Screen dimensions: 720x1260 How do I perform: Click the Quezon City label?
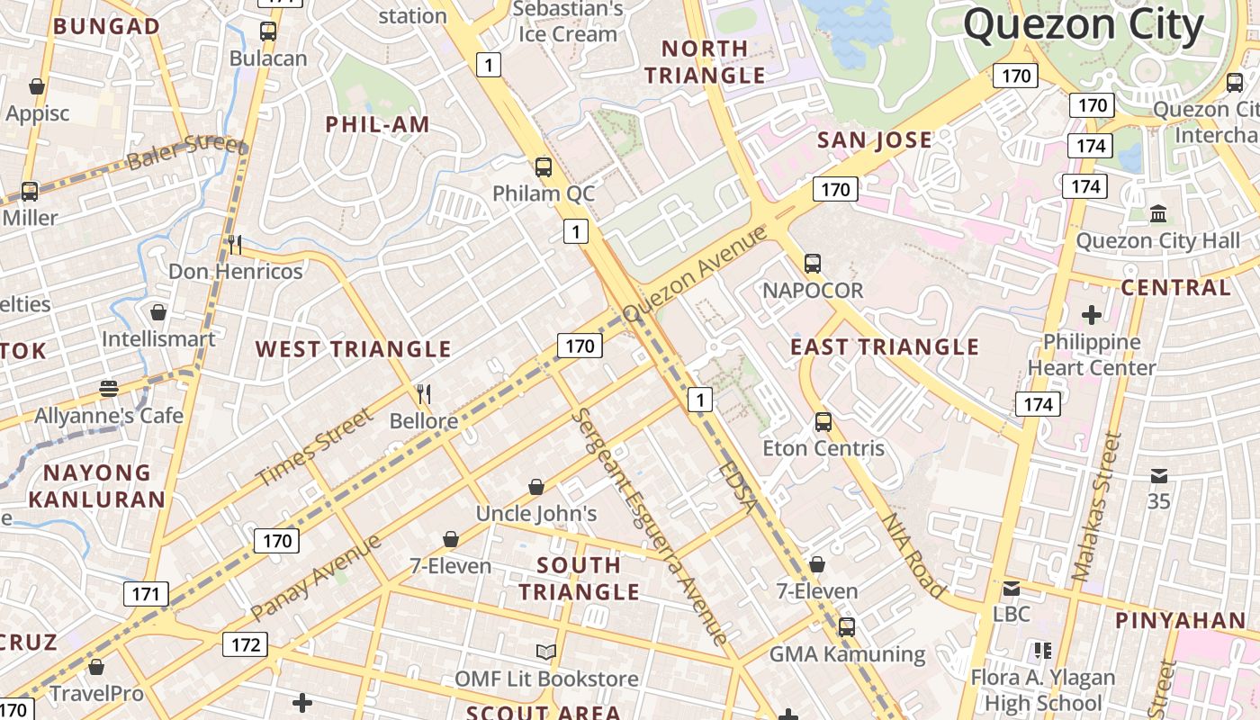point(1084,25)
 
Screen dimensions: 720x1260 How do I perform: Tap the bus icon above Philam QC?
point(543,166)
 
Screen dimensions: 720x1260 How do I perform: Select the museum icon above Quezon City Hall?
point(1158,214)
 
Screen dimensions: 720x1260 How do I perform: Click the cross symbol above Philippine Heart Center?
point(1091,315)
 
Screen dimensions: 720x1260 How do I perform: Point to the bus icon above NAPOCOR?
point(813,264)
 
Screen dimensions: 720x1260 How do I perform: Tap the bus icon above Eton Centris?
point(823,421)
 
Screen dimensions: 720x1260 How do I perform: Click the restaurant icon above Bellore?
point(424,393)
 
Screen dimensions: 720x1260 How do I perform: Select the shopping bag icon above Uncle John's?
point(536,487)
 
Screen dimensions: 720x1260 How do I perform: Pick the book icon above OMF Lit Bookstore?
point(545,652)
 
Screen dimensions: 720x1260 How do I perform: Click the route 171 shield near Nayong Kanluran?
point(145,594)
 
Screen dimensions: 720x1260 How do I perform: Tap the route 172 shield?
point(245,644)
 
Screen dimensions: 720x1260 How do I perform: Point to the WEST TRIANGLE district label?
point(353,349)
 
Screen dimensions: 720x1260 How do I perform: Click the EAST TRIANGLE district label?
point(884,346)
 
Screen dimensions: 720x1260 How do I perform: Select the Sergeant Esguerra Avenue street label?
point(648,526)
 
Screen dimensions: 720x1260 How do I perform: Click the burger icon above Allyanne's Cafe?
point(109,389)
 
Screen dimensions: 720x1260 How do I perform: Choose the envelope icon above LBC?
point(1011,589)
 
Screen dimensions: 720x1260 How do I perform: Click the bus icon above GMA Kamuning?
point(846,627)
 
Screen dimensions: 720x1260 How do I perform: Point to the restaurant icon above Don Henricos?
point(234,244)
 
